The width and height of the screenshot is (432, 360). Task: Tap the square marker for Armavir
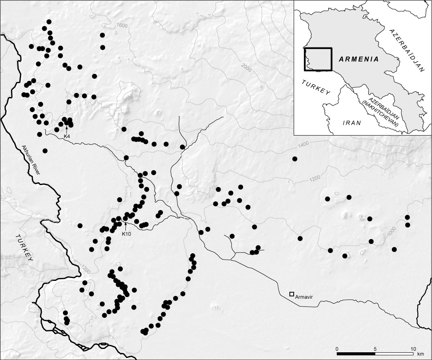pos(292,294)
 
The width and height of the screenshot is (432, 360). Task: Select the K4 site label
pos(67,136)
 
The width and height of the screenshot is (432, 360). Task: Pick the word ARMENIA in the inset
pos(359,59)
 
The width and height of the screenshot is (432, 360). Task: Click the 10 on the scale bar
pos(413,349)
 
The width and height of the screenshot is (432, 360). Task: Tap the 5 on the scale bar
pos(375,349)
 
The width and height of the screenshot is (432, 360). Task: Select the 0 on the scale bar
pos(337,349)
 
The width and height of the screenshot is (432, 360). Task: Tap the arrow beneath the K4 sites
pos(67,129)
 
